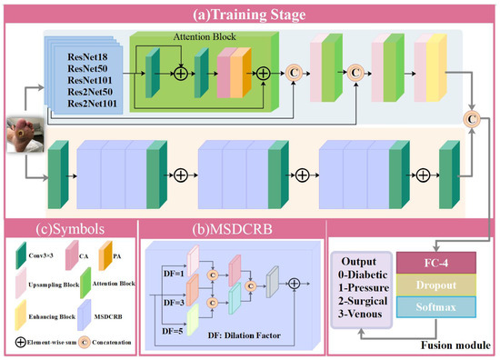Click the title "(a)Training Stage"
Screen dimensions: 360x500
click(x=250, y=14)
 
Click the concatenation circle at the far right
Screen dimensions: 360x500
click(x=473, y=116)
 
